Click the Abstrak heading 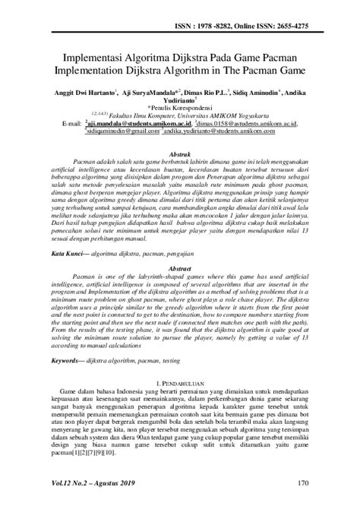(180, 153)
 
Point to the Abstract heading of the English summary (180, 269)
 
